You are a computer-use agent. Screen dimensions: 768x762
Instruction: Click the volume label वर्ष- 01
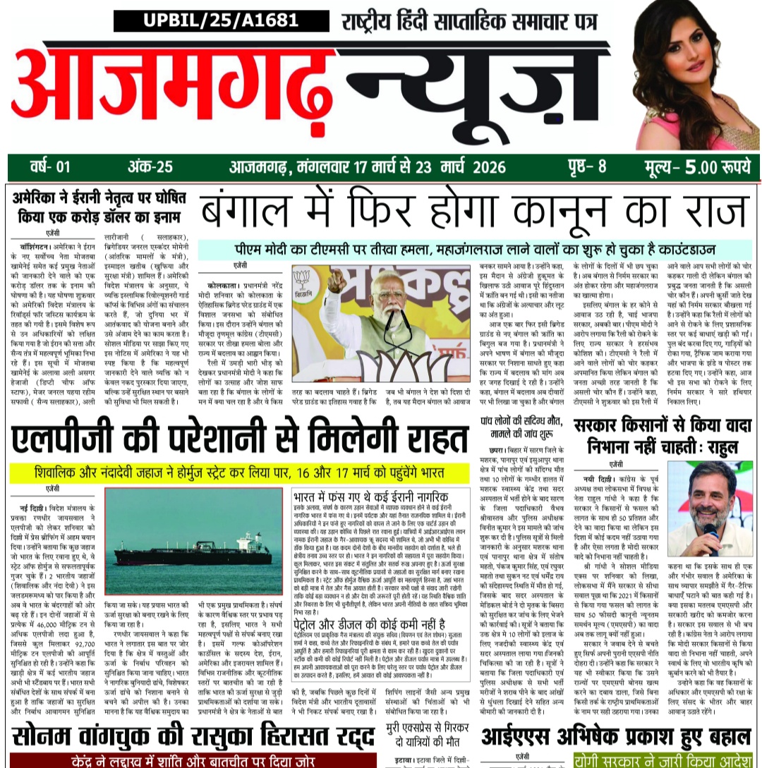[50, 167]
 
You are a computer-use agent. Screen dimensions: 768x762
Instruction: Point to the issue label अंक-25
[150, 167]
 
